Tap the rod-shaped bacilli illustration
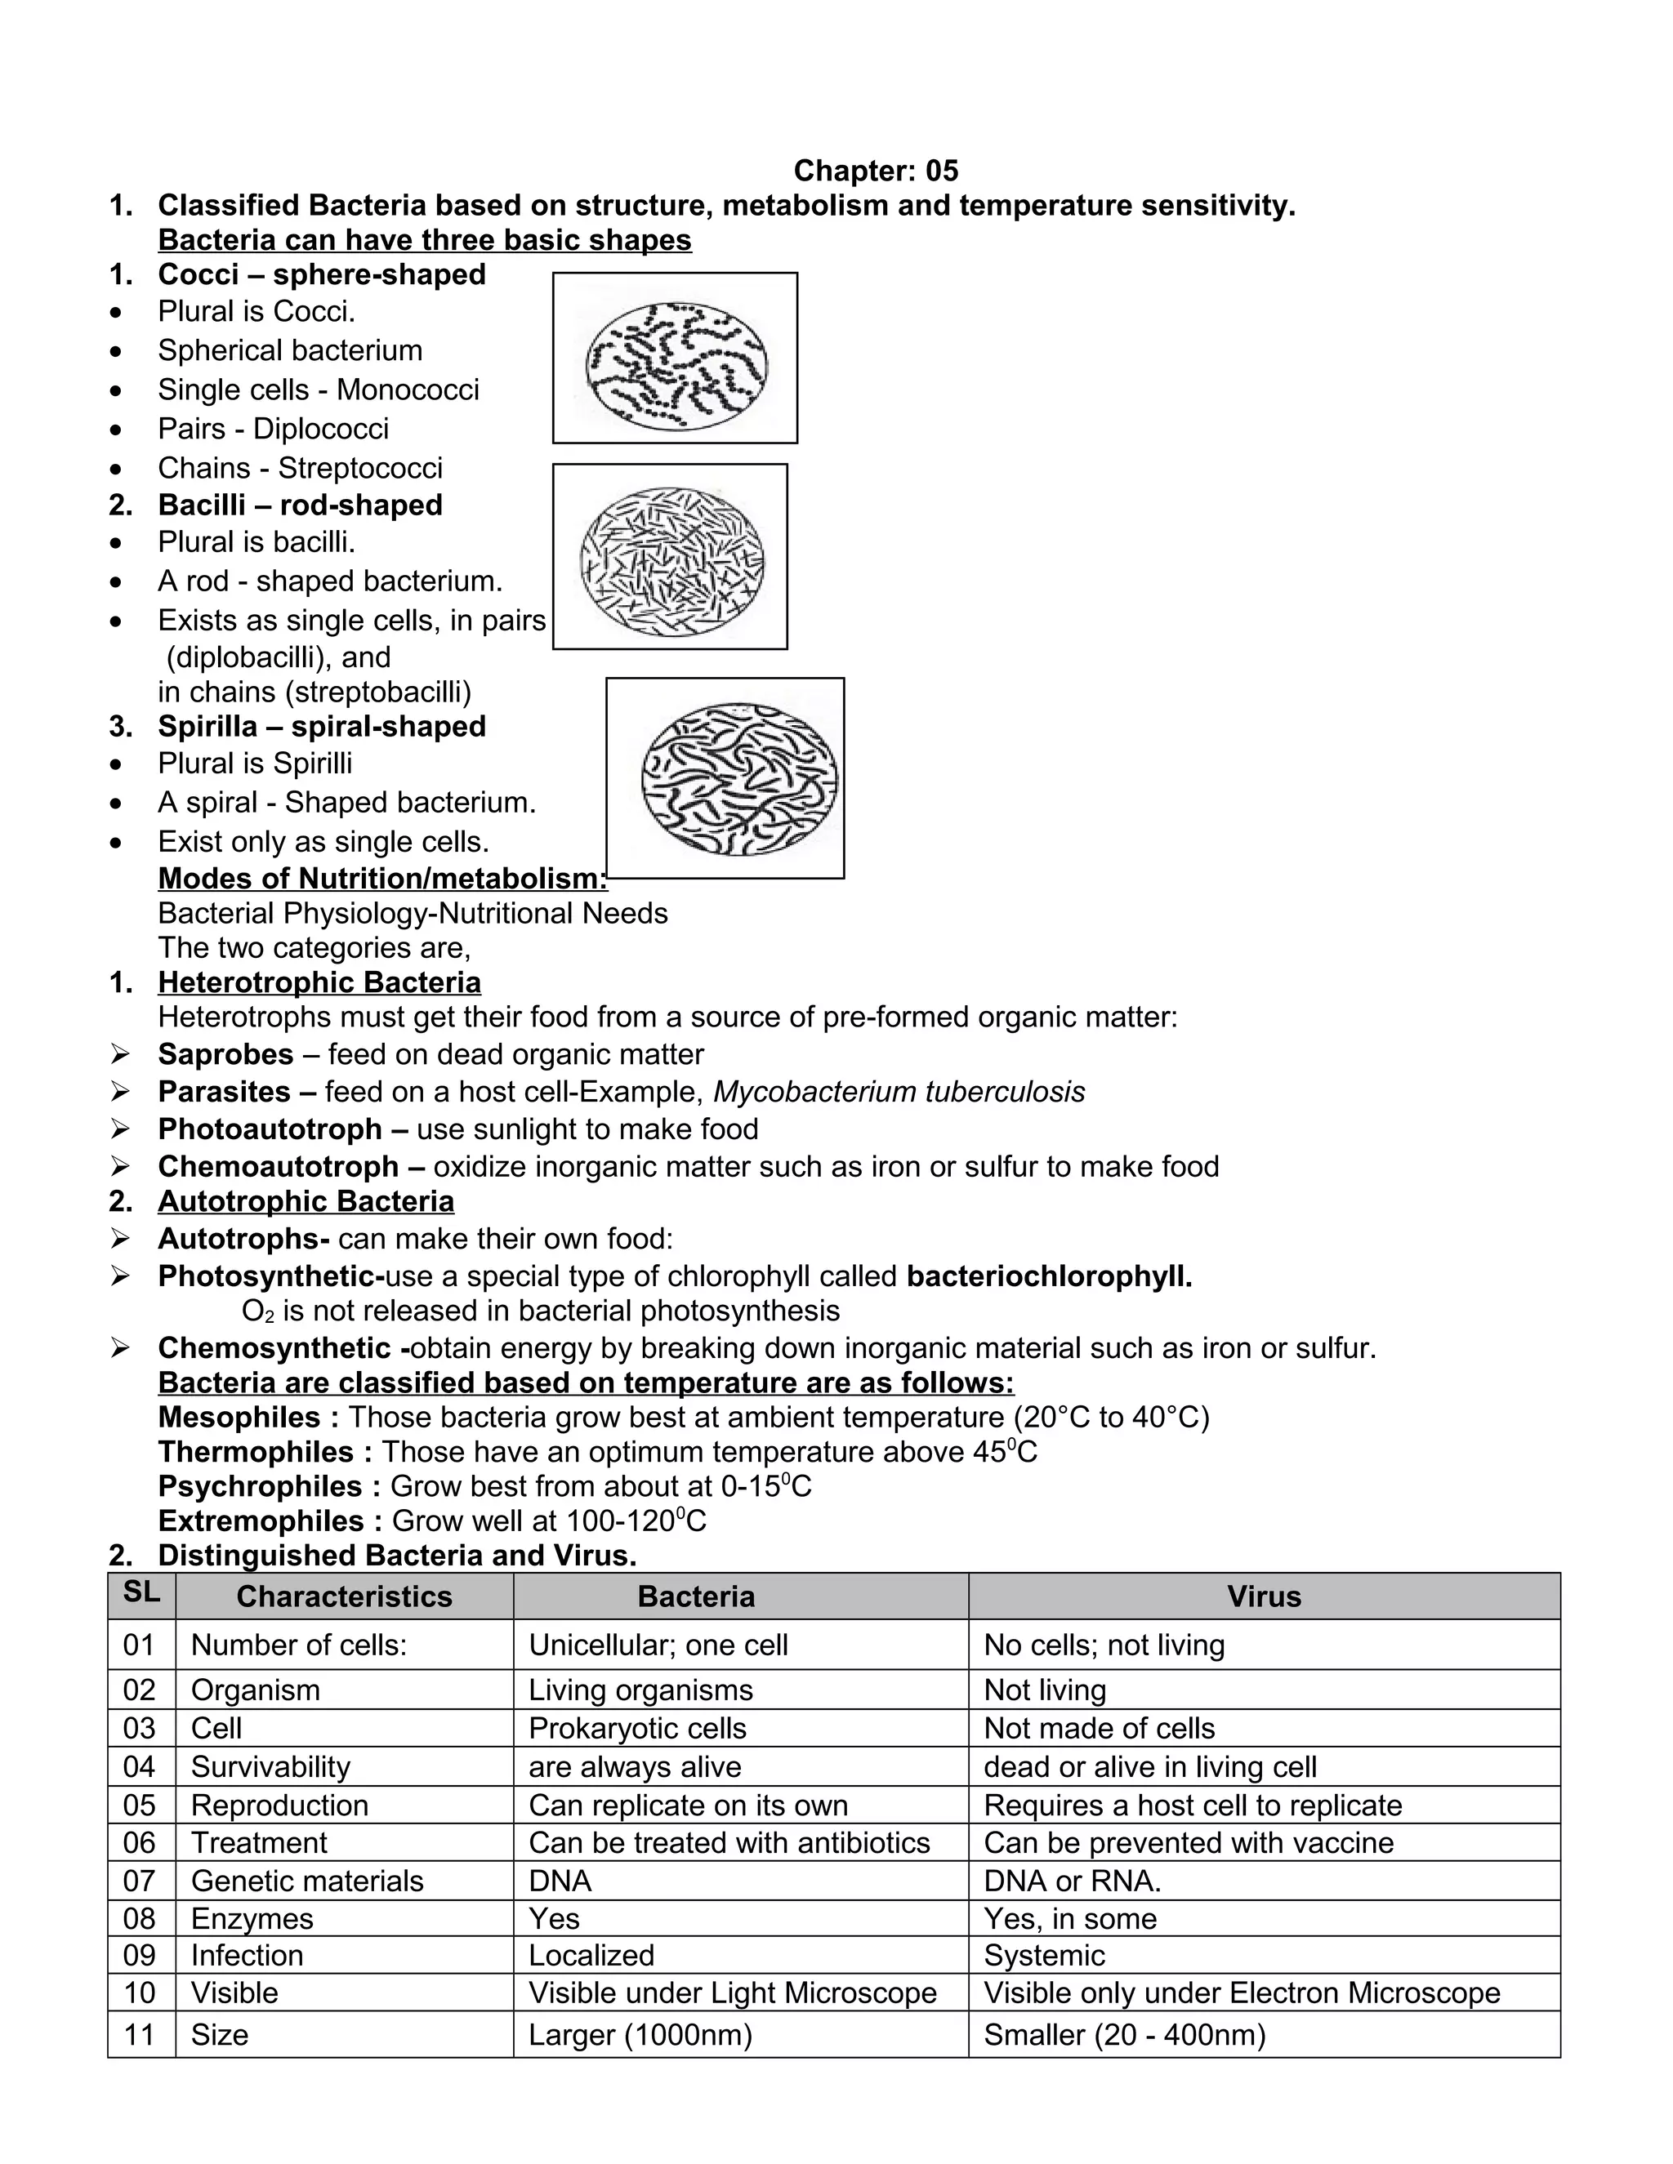(x=671, y=557)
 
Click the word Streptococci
(x=359, y=468)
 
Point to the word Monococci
(x=408, y=390)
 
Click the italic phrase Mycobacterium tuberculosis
(x=898, y=1092)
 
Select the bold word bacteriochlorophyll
(x=1049, y=1276)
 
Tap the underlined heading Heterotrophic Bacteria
(x=319, y=983)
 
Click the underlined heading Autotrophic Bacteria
(x=306, y=1202)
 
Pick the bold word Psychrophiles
(x=260, y=1486)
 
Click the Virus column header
(x=1264, y=1596)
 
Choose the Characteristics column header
(x=344, y=1596)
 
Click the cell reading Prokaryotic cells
(x=636, y=1728)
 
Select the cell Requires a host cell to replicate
(x=1193, y=1806)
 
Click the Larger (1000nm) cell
(x=640, y=2035)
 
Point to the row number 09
(x=140, y=1955)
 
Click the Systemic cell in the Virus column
(x=1044, y=1955)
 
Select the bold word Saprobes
(x=225, y=1054)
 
